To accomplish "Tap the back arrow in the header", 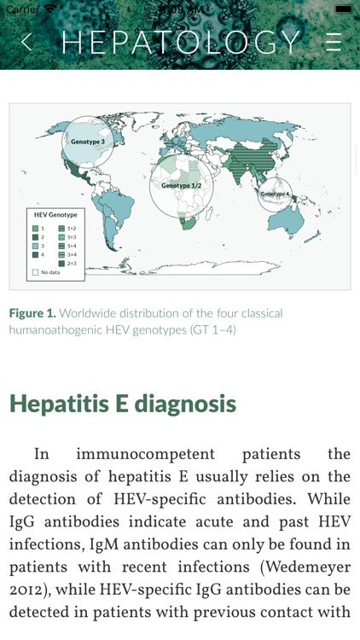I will [26, 42].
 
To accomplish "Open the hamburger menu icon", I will [334, 42].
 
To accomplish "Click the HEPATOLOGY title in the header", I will [181, 42].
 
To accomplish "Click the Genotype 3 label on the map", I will [88, 142].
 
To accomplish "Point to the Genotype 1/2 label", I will [182, 185].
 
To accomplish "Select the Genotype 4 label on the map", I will [276, 195].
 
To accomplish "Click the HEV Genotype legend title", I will [55, 214].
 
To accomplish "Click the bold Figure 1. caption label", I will [32, 313].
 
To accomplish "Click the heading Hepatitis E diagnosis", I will [122, 403].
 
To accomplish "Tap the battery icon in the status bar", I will [343, 8].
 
